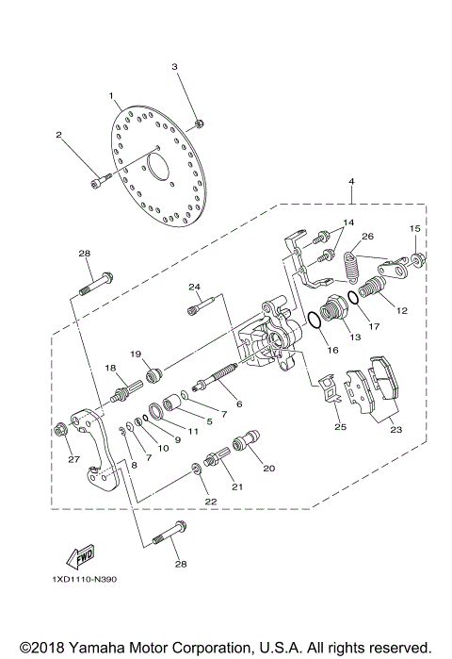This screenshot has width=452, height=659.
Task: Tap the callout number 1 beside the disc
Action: [x=111, y=96]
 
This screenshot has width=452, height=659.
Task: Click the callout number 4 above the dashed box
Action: [x=350, y=181]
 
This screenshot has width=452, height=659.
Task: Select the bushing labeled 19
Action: [x=155, y=366]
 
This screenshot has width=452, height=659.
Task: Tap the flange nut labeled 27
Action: [x=63, y=430]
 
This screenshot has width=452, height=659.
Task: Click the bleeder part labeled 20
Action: [x=250, y=441]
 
